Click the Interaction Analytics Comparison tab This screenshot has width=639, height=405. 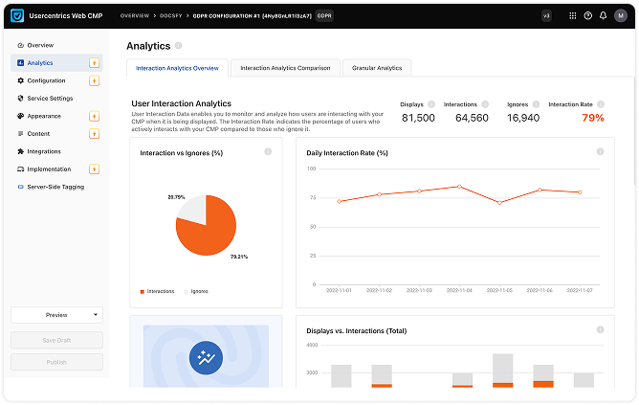click(285, 68)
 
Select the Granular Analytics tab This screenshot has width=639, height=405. click(376, 68)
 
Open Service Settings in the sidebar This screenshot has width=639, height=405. click(50, 98)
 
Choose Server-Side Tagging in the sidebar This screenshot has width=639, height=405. click(55, 187)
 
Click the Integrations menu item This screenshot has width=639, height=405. click(44, 151)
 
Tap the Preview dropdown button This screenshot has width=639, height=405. click(56, 314)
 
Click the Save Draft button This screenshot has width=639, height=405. click(56, 340)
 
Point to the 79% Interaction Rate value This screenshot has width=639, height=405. click(593, 118)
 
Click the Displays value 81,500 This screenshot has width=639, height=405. click(418, 118)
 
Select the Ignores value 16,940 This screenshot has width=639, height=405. click(522, 118)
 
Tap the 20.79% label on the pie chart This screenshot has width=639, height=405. click(176, 197)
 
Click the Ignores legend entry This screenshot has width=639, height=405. click(199, 290)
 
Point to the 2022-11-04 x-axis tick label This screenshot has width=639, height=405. click(459, 289)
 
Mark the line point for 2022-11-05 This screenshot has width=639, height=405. click(499, 203)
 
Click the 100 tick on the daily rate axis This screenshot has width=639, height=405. click(311, 169)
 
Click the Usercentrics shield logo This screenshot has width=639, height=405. click(17, 15)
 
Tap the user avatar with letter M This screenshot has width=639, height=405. click(619, 15)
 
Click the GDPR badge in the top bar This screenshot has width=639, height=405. click(324, 15)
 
